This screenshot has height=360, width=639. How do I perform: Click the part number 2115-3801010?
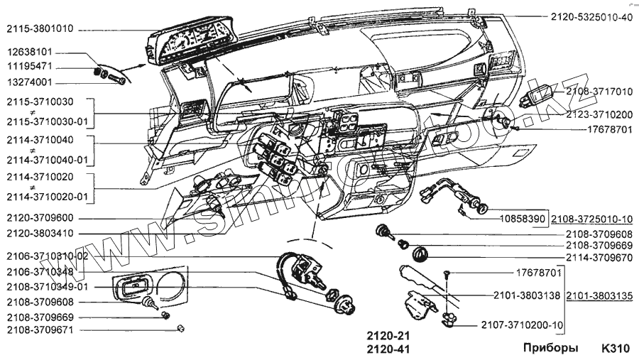40,29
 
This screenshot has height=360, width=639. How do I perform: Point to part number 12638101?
35,53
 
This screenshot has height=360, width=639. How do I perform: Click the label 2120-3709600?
40,218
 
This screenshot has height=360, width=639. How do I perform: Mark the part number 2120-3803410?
40,233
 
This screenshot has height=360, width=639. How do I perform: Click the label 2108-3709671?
40,330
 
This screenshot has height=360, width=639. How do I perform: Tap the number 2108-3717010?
599,92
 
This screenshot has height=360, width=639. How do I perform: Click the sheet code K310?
614,349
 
